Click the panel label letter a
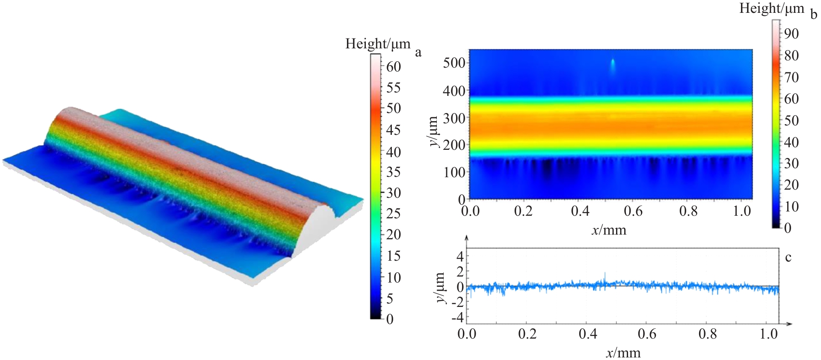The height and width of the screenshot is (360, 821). pos(418,52)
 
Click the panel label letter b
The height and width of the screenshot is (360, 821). pos(813,14)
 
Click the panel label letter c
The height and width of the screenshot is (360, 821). pos(788,257)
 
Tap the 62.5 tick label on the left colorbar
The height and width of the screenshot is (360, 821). pos(393,66)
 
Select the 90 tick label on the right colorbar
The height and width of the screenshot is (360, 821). pos(791,33)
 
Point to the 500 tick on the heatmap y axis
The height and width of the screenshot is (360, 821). pos(454,63)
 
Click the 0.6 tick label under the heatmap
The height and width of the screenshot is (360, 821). pos(633,211)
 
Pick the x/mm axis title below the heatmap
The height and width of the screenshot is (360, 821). pos(609,230)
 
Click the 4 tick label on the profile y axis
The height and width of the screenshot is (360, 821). pos(460,256)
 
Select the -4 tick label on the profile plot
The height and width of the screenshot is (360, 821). pos(458,318)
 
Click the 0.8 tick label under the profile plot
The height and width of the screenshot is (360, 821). pos(708,334)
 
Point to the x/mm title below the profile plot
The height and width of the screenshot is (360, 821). pos(623,353)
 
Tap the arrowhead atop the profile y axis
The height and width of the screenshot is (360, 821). pos(467,237)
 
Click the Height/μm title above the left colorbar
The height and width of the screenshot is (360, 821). pos(377,44)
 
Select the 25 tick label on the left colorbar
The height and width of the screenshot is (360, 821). pos(393,213)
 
